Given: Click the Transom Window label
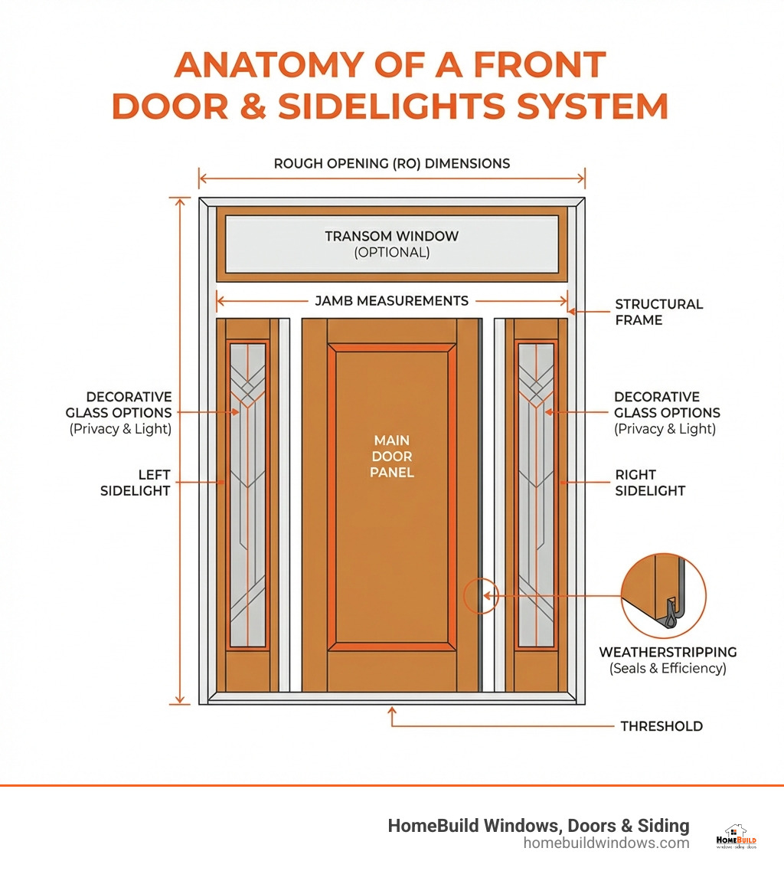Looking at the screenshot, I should tap(391, 237).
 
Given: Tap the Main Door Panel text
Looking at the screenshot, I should tap(391, 457).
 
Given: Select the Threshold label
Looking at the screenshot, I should tap(661, 726).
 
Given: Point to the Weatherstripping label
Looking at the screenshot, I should tap(668, 653).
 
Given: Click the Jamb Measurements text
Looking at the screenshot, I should tap(391, 301).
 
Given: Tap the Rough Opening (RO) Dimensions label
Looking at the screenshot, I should tap(391, 163).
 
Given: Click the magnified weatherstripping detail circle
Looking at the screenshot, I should tap(663, 596).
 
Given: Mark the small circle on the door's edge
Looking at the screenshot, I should tap(481, 596).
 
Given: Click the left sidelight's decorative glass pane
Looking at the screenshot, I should tap(248, 495).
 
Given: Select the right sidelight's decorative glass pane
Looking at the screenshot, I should tap(536, 495).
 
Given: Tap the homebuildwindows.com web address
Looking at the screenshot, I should tap(606, 843).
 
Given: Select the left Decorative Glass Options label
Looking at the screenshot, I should tap(129, 412).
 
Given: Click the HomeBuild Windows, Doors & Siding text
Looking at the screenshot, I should tap(538, 825).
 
